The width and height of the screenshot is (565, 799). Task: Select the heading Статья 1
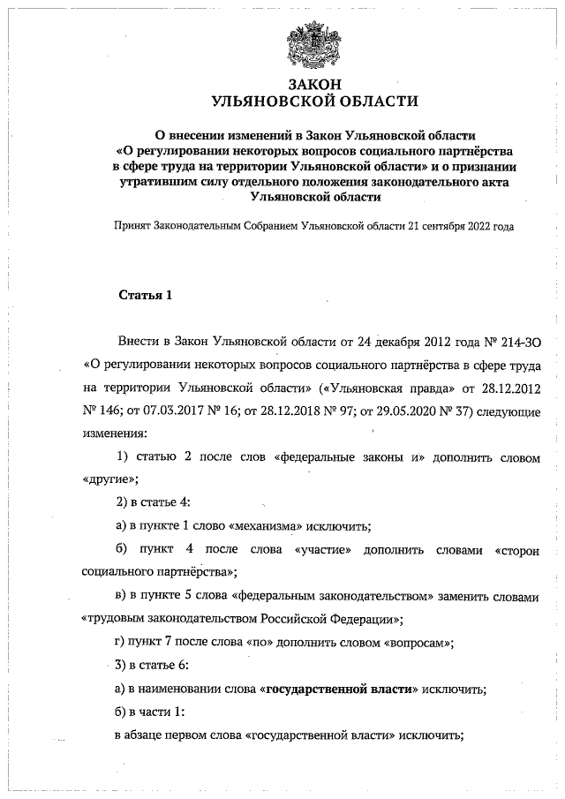(x=145, y=295)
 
